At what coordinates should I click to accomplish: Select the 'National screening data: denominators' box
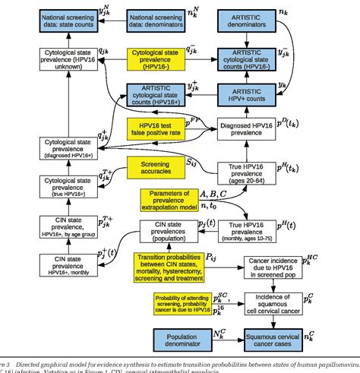pyautogui.click(x=161, y=21)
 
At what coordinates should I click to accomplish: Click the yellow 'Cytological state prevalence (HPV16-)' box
pyautogui.click(x=161, y=59)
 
